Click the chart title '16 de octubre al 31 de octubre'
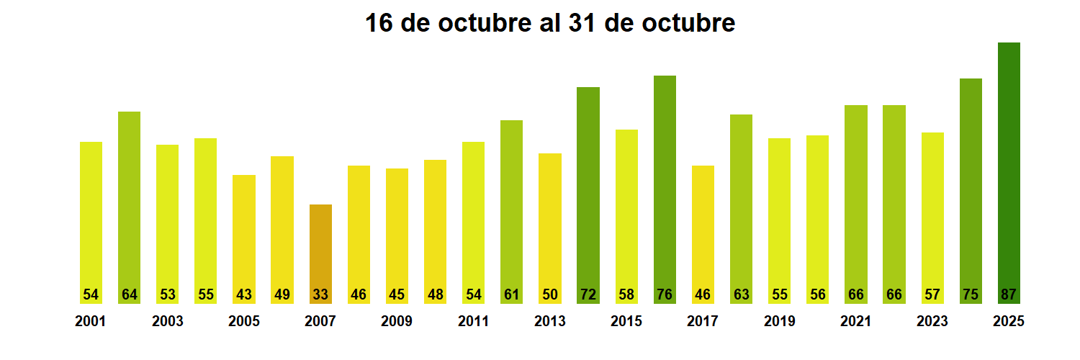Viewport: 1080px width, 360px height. point(549,23)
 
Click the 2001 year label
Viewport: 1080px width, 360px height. point(90,322)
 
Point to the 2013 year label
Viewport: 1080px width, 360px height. point(549,322)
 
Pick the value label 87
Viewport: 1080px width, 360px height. point(1009,294)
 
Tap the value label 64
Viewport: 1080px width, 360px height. point(129,294)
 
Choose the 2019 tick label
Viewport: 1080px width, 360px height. point(779,322)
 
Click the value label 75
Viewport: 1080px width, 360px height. point(971,294)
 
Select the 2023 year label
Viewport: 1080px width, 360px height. point(932,322)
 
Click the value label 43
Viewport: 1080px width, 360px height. point(244,294)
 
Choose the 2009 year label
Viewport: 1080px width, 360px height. point(397,322)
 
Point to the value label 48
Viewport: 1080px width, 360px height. point(435,294)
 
